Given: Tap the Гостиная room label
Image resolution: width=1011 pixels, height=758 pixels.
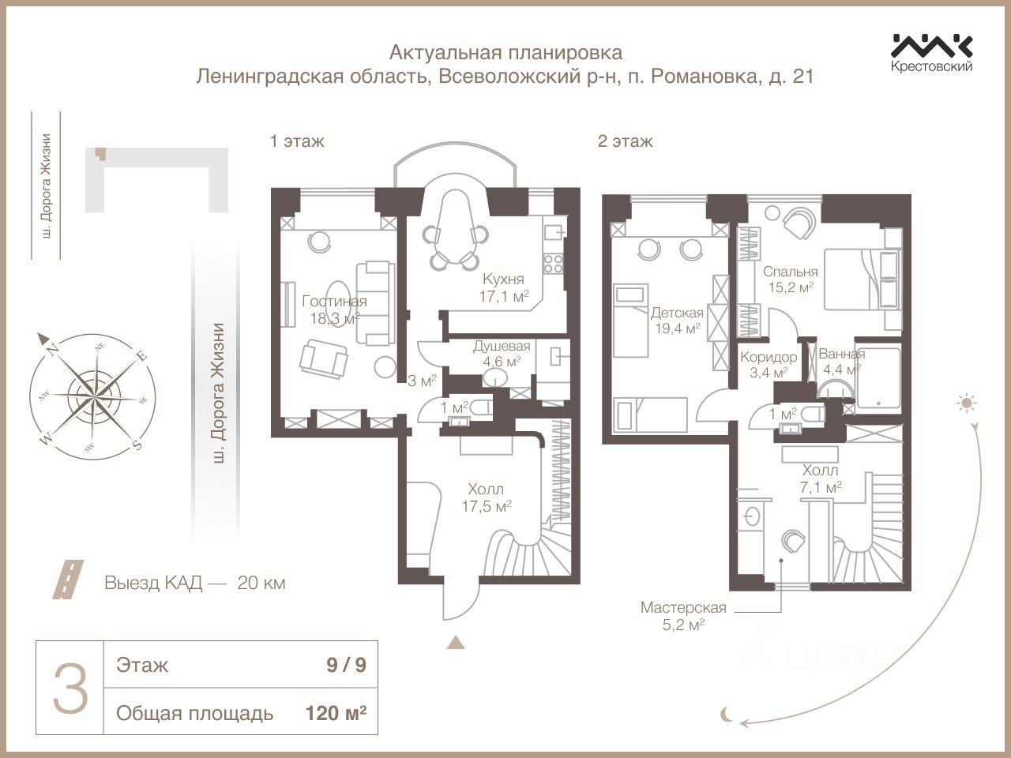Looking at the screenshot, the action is [334, 302].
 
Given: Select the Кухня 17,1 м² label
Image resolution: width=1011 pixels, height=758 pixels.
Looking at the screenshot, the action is [503, 287].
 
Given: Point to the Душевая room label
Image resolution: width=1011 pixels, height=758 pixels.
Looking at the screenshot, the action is [502, 346].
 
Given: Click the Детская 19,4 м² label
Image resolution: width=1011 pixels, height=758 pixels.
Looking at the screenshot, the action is [677, 321].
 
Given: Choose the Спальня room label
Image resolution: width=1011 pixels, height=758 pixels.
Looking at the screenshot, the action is [791, 272].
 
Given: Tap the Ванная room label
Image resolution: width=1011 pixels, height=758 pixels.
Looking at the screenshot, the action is [841, 354].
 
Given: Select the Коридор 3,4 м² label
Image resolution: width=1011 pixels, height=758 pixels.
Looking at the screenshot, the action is [769, 365].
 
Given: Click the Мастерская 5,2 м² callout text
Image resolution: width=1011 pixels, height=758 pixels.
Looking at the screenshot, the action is [683, 615].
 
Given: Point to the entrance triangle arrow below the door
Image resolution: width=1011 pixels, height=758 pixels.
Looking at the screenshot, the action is [456, 643].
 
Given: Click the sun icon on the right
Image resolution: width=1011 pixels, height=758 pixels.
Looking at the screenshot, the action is [966, 403].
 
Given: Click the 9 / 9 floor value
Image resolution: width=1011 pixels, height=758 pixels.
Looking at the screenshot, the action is [347, 666].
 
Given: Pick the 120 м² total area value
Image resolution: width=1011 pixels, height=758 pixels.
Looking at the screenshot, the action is [336, 713].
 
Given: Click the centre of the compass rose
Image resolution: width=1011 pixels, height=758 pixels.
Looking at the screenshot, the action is [94, 396].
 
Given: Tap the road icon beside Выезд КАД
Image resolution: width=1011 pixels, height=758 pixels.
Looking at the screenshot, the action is [68, 579].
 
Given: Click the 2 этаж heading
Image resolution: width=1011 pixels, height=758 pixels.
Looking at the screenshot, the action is [625, 141].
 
